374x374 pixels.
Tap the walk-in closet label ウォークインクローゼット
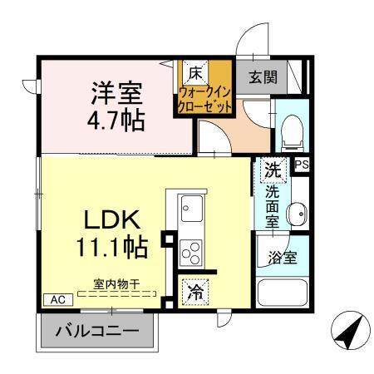204,100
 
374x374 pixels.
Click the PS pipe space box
301,165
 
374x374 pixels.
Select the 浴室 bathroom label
281,256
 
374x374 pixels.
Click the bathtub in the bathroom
283,293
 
